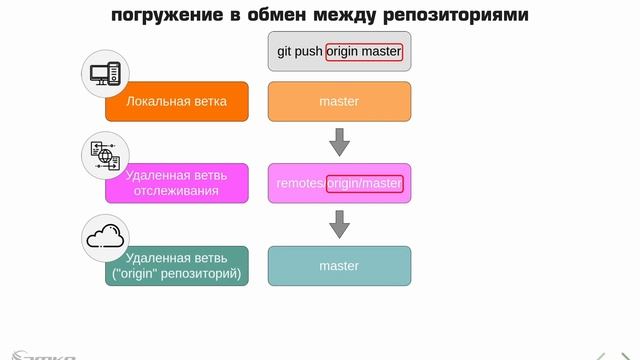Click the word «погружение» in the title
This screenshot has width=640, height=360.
click(160, 16)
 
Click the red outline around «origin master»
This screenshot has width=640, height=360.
click(364, 51)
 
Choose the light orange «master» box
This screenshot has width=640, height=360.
click(339, 102)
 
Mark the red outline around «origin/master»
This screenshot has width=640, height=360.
click(364, 183)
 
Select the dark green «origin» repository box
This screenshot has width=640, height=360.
click(178, 266)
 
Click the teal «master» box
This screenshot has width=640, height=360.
click(339, 266)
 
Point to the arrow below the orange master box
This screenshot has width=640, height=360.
click(339, 142)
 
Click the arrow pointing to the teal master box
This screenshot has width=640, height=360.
click(339, 224)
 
